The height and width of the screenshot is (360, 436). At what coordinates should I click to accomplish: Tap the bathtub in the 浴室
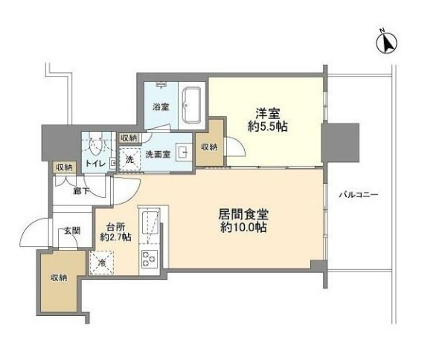click(191, 105)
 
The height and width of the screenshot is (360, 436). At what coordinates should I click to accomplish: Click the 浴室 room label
click(161, 107)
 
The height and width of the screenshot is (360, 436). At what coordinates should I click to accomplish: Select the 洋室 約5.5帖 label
click(268, 120)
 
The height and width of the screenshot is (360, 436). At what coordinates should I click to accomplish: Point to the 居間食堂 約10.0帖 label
click(243, 220)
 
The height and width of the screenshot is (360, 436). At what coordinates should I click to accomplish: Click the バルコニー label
click(359, 195)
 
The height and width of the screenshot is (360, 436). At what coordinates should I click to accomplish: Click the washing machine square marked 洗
click(130, 160)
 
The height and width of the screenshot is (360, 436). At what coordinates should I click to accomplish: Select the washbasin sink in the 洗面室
click(183, 152)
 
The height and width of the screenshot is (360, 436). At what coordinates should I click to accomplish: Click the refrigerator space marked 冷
click(102, 263)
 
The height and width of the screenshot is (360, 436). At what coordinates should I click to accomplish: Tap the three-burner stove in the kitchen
click(150, 259)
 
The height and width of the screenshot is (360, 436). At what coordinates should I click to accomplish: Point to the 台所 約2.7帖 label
click(115, 232)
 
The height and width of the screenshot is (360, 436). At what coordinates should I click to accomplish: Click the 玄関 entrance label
click(72, 231)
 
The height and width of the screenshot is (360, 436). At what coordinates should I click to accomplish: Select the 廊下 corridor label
click(81, 191)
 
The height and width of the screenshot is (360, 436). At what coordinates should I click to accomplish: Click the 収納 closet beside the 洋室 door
click(209, 144)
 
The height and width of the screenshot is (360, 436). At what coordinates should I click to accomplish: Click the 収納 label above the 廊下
click(64, 167)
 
